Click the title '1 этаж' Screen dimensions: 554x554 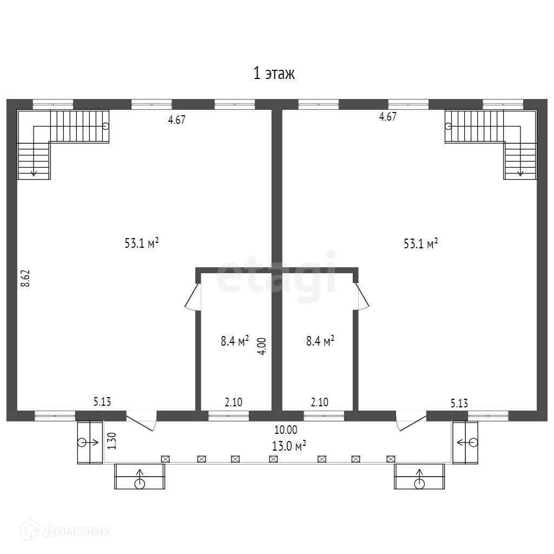tap(274, 74)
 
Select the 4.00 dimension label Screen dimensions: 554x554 tap(262, 346)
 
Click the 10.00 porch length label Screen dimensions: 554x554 tap(286, 430)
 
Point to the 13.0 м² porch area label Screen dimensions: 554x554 tap(289, 446)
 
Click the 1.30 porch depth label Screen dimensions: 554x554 tap(111, 440)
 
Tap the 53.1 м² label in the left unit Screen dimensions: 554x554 tap(141, 243)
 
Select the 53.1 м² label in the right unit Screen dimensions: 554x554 tap(420, 243)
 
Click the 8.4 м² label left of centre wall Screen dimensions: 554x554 tap(235, 341)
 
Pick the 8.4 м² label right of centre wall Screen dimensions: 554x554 tap(320, 341)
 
